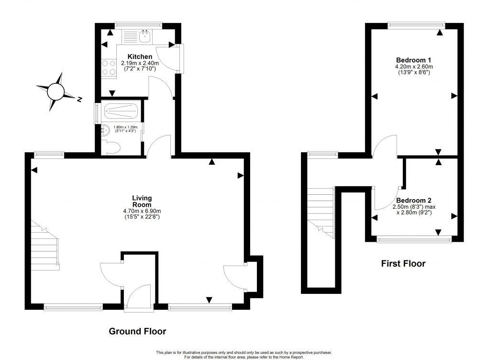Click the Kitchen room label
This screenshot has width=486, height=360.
130,56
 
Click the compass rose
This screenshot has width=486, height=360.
56,90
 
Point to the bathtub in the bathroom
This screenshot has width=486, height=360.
121,112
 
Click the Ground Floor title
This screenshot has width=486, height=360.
137,331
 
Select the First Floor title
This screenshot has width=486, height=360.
403,263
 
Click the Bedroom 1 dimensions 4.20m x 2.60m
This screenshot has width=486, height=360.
414,67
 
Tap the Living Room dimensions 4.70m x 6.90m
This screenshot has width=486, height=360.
142,211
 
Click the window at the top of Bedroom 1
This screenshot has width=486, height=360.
416,24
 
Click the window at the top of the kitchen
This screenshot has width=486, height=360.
139,25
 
